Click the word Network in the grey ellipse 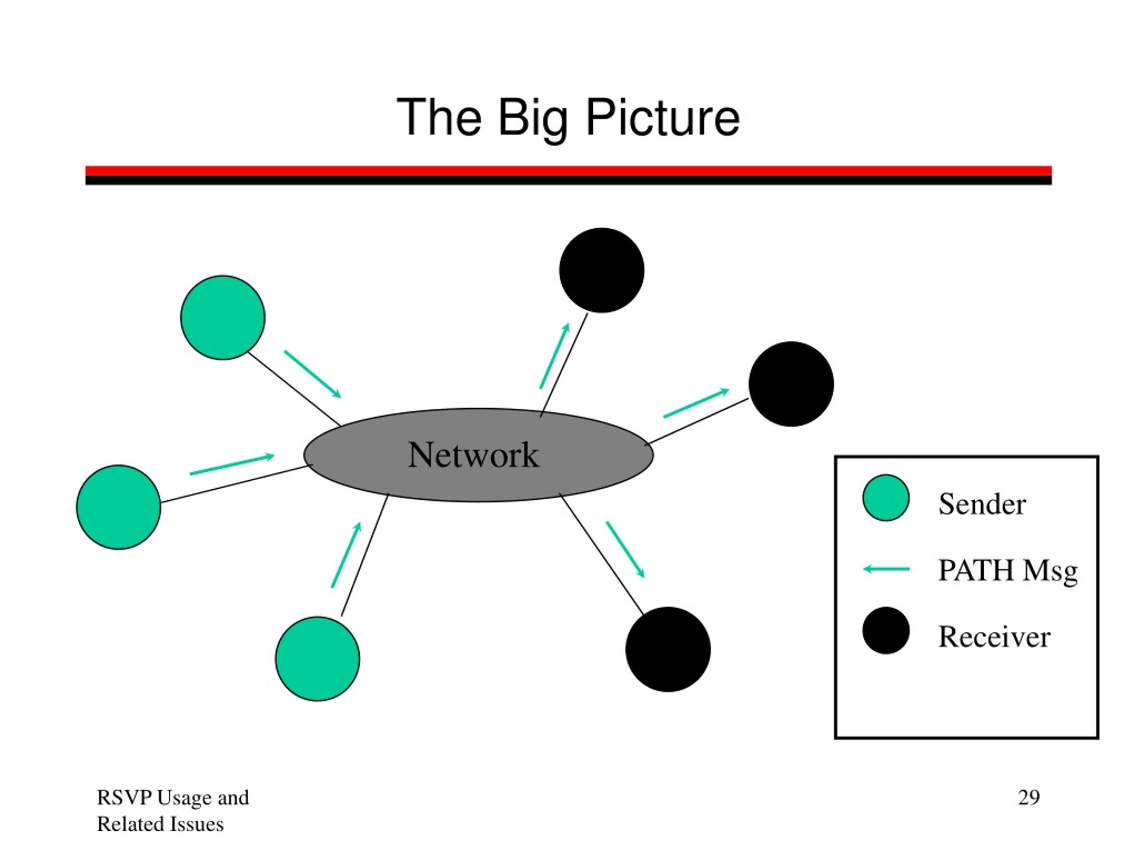(x=473, y=455)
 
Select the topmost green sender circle (x=223, y=317)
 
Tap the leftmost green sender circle (x=118, y=507)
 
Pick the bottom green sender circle (x=317, y=659)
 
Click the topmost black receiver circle (x=601, y=270)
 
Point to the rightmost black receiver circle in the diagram (x=791, y=383)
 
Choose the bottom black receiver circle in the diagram (x=668, y=649)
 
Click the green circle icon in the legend (x=886, y=498)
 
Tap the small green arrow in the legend (x=886, y=569)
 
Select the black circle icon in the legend (x=886, y=630)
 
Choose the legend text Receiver (x=994, y=637)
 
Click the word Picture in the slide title (x=663, y=118)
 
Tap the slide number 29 (x=1029, y=797)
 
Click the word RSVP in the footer (x=124, y=797)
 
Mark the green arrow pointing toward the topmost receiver (x=555, y=356)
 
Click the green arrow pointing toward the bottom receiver (x=625, y=550)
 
